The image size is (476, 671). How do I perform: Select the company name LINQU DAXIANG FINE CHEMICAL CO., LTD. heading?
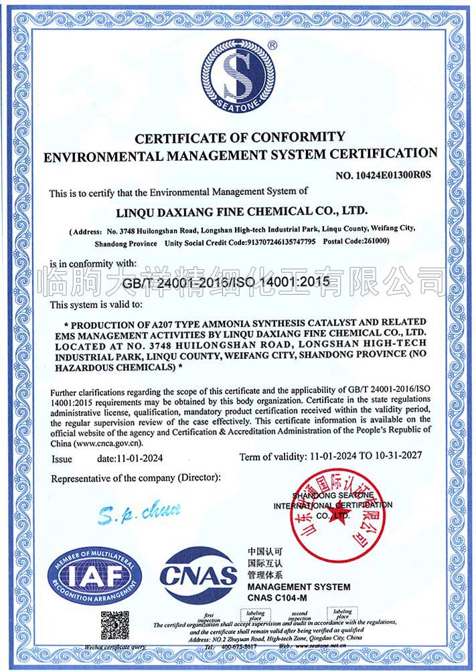pyautogui.click(x=238, y=211)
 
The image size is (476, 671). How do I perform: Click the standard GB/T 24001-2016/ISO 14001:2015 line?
pyautogui.click(x=227, y=283)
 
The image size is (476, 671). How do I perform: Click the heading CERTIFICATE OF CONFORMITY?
pyautogui.click(x=240, y=138)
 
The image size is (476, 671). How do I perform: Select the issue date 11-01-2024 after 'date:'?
pyautogui.click(x=139, y=459)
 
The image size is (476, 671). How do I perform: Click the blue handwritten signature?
pyautogui.click(x=139, y=514)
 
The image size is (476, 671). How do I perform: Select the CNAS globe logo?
pyautogui.click(x=199, y=575)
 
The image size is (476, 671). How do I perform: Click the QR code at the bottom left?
pyautogui.click(x=114, y=625)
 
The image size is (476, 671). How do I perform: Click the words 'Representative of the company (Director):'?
pyautogui.click(x=136, y=478)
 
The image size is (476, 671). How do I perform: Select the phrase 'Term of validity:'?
pyautogui.click(x=273, y=456)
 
